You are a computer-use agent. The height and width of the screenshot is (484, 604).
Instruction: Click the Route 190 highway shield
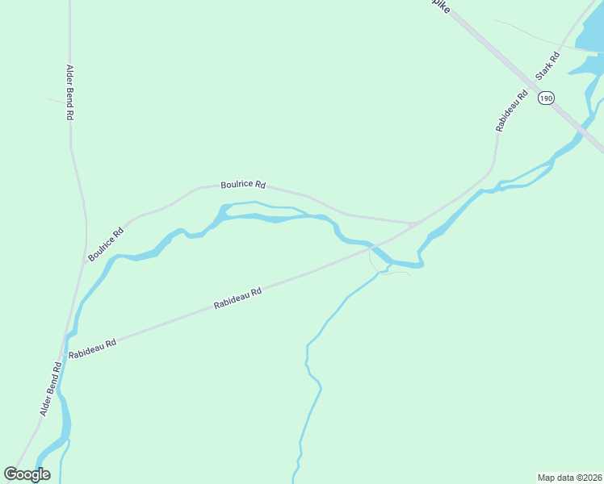[547, 98]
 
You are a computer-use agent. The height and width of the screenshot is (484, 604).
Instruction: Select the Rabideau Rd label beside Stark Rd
[512, 111]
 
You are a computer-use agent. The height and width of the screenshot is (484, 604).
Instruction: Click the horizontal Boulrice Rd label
[243, 186]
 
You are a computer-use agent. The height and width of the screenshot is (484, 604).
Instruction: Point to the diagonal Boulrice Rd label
[107, 244]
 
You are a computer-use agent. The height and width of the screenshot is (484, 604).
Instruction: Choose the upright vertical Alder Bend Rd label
[70, 93]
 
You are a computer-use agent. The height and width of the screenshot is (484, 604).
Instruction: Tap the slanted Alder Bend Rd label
[51, 389]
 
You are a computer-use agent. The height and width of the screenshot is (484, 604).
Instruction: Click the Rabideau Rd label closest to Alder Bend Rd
[93, 348]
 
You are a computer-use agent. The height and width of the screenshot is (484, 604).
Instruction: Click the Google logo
[27, 474]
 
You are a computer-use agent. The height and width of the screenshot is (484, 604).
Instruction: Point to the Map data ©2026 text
[570, 477]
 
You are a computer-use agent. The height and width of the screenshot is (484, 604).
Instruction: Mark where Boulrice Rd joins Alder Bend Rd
[85, 260]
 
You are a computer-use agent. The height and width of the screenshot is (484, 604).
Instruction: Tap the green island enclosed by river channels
[275, 211]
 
